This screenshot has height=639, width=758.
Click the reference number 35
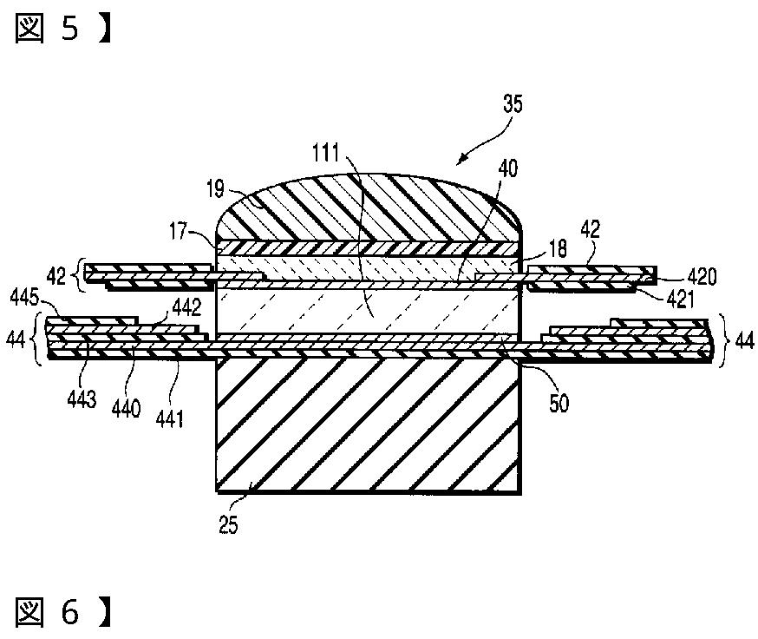(513, 106)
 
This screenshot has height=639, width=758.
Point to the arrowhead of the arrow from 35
(460, 162)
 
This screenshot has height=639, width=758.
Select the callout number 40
(507, 170)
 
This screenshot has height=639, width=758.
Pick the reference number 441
(169, 419)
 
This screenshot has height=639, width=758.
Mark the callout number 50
(559, 405)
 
